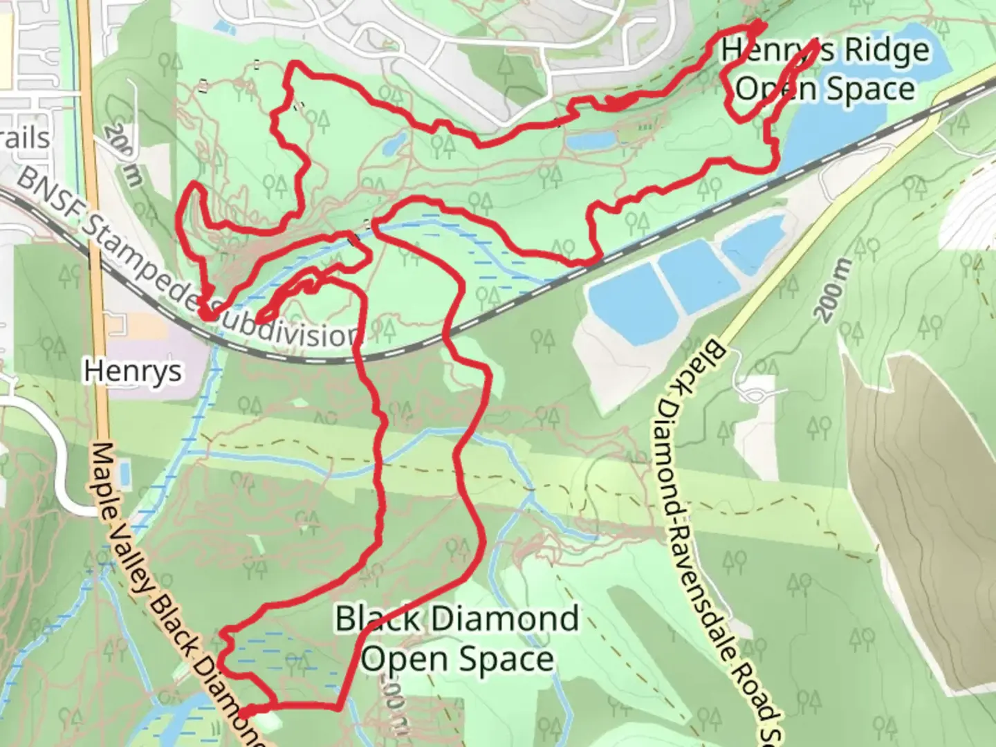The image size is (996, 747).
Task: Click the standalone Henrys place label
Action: coord(133,371)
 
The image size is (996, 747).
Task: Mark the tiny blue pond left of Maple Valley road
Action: coord(124,474)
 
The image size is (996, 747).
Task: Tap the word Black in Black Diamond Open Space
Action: coord(378,618)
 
